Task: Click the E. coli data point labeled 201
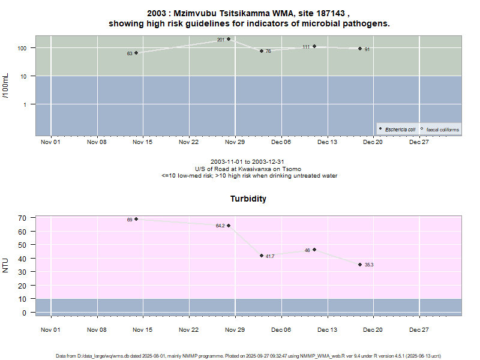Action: point(229,39)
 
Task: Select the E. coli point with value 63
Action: point(136,53)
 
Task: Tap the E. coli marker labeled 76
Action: point(262,51)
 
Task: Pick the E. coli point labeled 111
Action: point(314,46)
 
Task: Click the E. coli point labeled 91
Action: point(360,49)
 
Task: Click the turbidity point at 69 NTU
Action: point(136,219)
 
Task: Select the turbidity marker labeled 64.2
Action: point(229,226)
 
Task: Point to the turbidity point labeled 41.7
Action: point(262,256)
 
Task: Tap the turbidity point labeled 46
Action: point(314,250)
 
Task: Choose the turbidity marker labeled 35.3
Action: point(360,264)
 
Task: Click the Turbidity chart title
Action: point(248,199)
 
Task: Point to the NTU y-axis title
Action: point(6,265)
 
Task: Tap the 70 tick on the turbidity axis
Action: point(25,218)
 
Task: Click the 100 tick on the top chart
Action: point(26,48)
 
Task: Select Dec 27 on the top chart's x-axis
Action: point(419,142)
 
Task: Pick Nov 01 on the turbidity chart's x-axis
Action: point(51,329)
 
